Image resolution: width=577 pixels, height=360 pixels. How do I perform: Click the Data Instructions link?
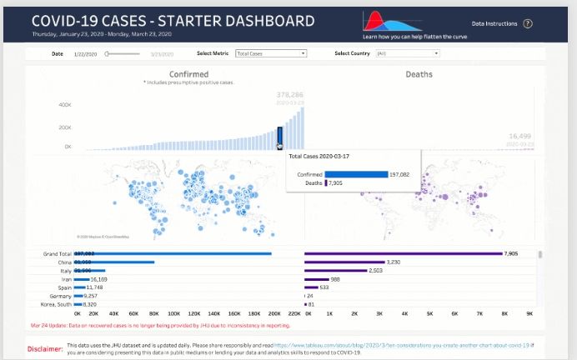coord(494,24)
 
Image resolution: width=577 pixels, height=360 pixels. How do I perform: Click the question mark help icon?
coord(528,24)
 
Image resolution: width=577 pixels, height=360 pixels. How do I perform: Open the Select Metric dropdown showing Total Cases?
coord(270,53)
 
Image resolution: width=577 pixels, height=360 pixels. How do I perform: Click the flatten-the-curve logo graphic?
coord(389,22)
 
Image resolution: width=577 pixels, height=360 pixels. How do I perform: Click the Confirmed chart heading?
coord(188,74)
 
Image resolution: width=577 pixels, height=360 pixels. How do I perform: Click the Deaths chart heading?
coord(419,74)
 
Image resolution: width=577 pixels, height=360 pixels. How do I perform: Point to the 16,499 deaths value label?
coord(519,135)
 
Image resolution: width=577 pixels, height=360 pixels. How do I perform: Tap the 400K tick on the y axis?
coord(64,105)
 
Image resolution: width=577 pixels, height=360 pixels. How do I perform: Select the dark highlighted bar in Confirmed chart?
coord(279,136)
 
